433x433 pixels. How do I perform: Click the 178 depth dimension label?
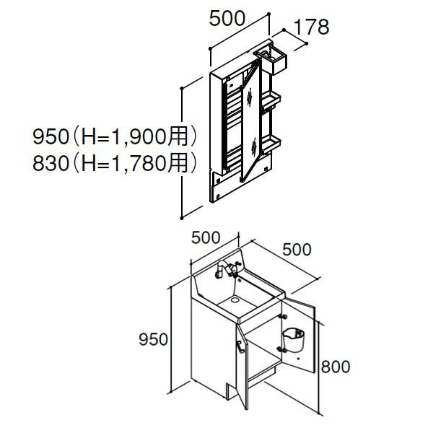312,27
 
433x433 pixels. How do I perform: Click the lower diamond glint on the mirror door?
254,147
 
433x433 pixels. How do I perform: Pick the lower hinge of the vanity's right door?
281,349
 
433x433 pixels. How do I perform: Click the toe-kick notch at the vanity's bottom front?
231,392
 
